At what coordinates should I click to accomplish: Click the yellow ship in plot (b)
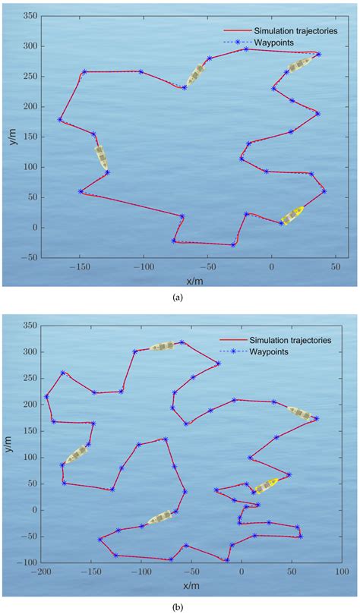click(266, 485)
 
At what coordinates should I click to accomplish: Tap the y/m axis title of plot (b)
click(9, 442)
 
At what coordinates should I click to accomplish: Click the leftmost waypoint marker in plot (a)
click(60, 119)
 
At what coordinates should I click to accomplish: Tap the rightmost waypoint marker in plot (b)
click(316, 418)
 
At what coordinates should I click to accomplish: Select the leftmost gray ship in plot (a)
click(101, 156)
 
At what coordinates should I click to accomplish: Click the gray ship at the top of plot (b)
click(162, 346)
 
